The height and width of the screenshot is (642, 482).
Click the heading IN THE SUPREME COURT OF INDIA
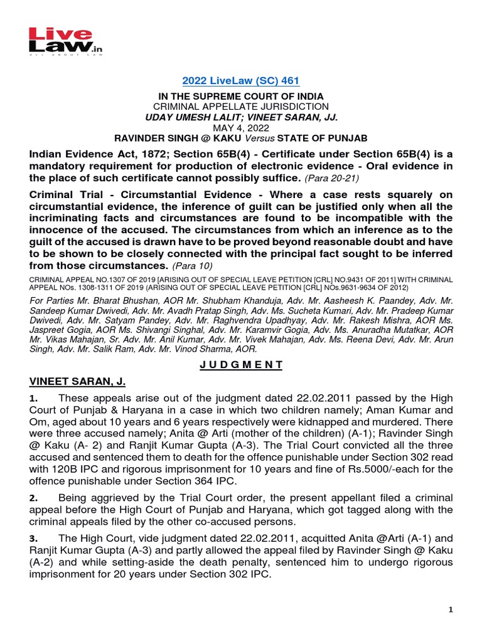(x=241, y=96)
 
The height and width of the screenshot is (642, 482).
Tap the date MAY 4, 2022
(x=241, y=127)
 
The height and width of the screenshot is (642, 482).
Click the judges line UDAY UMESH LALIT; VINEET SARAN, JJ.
(x=241, y=117)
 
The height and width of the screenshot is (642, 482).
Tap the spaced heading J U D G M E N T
(x=241, y=364)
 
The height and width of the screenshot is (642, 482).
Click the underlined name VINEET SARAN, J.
(x=78, y=382)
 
